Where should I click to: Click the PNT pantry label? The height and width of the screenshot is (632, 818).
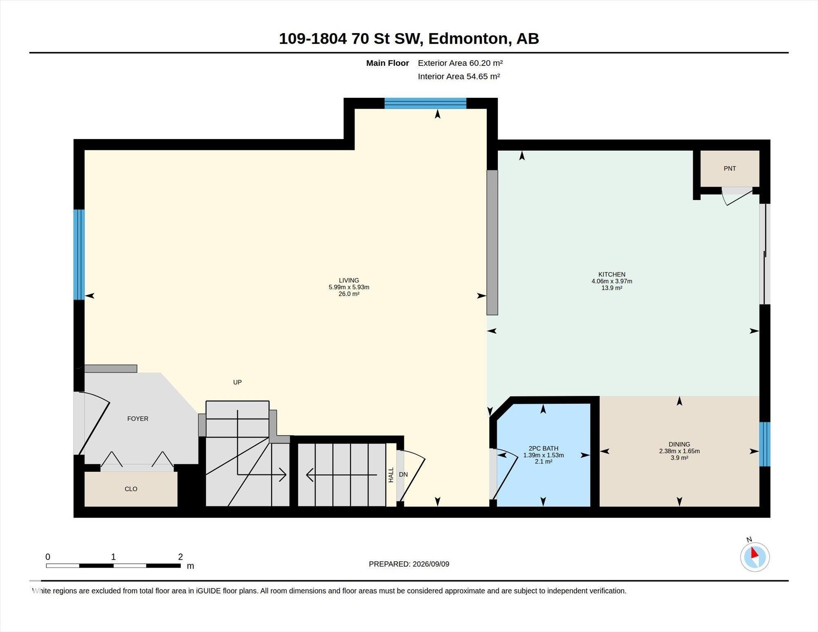tap(730, 169)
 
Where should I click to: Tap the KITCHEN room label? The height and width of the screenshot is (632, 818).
tap(612, 274)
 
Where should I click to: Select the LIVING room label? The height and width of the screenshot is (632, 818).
tap(349, 280)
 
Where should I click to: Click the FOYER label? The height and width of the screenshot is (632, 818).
tap(138, 418)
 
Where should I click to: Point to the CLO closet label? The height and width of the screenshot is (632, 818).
tap(131, 489)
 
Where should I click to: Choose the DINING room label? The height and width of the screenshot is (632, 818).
tap(679, 444)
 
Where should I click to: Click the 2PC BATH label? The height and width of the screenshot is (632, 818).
tap(543, 448)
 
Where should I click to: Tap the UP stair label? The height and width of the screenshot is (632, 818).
tap(237, 382)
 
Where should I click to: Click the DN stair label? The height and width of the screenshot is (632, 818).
tap(403, 475)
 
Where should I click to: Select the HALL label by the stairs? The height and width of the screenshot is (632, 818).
tap(391, 475)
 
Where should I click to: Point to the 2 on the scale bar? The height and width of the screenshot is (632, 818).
tap(180, 557)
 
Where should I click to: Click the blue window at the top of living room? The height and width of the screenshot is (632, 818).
tap(425, 103)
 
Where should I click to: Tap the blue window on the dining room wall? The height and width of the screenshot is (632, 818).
tap(765, 444)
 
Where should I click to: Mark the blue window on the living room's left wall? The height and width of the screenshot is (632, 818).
tap(79, 254)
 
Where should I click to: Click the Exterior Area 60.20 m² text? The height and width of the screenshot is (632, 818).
tap(460, 63)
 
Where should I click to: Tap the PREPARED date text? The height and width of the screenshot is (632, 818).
tap(409, 564)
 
